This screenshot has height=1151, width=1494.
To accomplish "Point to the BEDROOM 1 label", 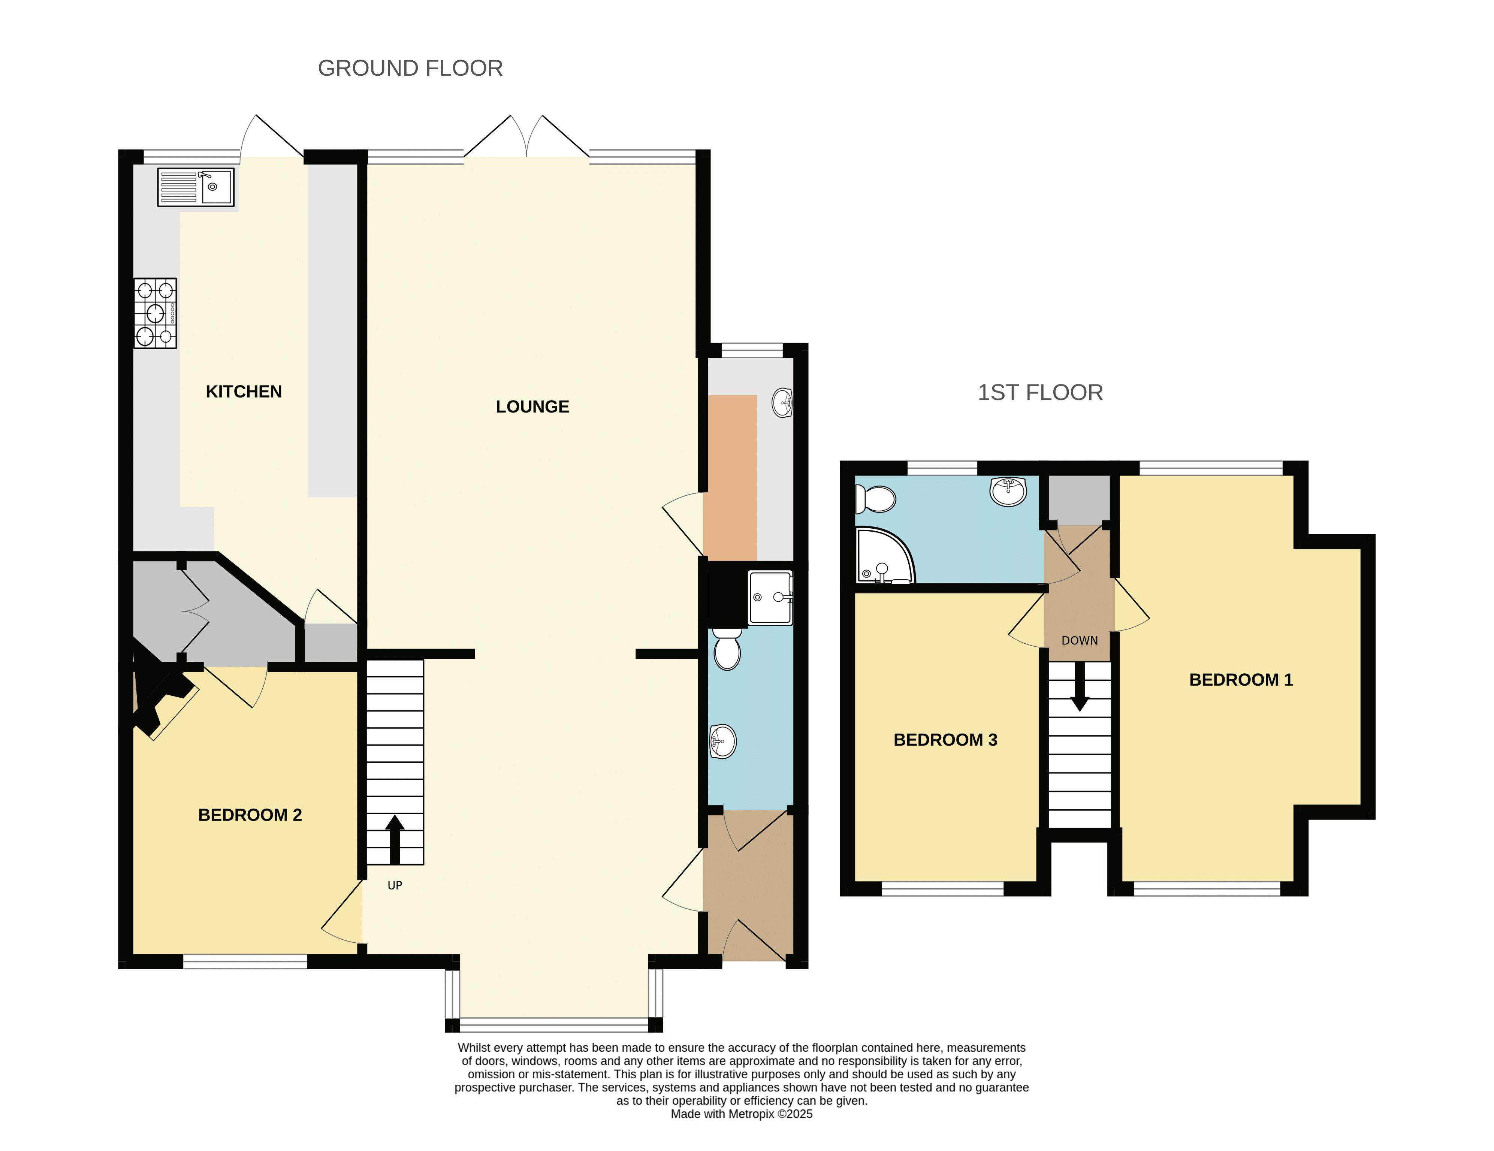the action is pyautogui.click(x=1241, y=680).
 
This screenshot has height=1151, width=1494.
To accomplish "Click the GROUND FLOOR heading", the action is pyautogui.click(x=410, y=69).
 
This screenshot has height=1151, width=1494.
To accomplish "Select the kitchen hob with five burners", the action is pyautogui.click(x=155, y=313).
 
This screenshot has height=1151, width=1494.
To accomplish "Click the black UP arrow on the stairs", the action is pyautogui.click(x=395, y=839).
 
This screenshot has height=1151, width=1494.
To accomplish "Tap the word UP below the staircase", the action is pyautogui.click(x=395, y=886).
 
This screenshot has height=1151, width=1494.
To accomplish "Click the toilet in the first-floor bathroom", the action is pyautogui.click(x=876, y=499).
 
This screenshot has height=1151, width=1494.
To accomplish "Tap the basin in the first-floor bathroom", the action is pyautogui.click(x=1008, y=491).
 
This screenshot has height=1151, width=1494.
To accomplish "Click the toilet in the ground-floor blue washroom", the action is pyautogui.click(x=727, y=649).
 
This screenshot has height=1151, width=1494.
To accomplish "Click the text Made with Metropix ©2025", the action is pyautogui.click(x=742, y=1114).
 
